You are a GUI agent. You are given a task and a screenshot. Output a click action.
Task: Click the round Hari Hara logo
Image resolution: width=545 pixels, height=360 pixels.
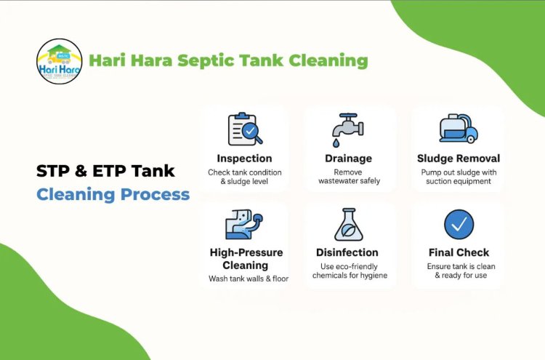click(59, 61)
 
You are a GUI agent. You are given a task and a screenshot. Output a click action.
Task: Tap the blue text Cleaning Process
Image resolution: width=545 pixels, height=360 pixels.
click(113, 194)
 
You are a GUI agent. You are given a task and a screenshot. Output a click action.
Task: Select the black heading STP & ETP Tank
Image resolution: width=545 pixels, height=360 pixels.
click(105, 171)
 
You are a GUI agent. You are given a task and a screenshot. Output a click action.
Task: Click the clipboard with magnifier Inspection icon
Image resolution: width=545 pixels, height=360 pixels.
click(244, 129)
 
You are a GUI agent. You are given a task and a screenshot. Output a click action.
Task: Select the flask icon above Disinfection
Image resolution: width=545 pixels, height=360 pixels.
click(348, 224)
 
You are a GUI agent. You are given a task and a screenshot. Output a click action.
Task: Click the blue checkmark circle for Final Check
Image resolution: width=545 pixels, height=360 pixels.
click(459, 225)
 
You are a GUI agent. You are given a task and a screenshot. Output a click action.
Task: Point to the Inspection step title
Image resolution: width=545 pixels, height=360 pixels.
click(244, 158)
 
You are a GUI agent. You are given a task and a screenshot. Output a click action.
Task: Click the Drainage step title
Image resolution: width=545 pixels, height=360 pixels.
click(348, 158)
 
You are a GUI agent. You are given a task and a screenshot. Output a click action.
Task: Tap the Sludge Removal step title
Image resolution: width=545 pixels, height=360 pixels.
click(459, 158)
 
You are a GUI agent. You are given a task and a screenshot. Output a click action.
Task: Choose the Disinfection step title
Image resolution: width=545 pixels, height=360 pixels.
click(348, 252)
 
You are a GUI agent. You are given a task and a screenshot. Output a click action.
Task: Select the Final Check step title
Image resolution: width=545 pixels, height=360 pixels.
click(459, 252)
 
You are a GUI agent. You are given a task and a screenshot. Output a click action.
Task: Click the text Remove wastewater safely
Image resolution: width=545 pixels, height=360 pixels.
click(348, 177)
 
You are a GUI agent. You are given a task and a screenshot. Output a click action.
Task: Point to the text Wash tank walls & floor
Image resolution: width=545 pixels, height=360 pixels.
click(245, 279)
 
